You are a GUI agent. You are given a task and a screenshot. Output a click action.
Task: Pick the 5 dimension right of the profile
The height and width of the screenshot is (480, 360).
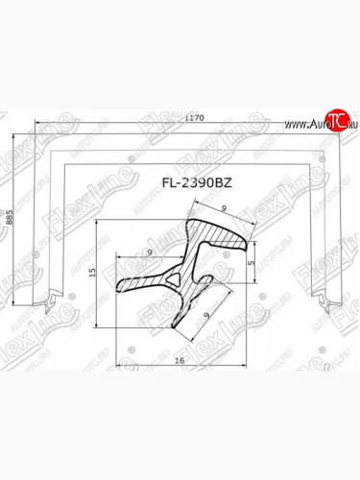[251, 259]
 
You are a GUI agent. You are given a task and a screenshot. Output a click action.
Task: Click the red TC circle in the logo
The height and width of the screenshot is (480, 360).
[336, 119]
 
